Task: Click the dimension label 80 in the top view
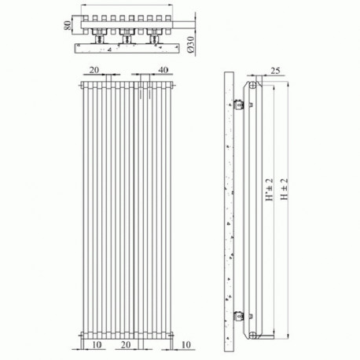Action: point(68,25)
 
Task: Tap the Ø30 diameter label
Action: point(191,45)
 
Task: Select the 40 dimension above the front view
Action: point(163,70)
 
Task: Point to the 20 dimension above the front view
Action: point(94,70)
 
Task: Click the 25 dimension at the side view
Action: point(275,71)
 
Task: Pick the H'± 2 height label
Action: point(269,189)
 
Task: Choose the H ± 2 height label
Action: point(284,189)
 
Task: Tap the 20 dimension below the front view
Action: point(126,344)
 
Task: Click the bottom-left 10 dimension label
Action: point(97,344)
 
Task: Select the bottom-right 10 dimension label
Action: point(186,344)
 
